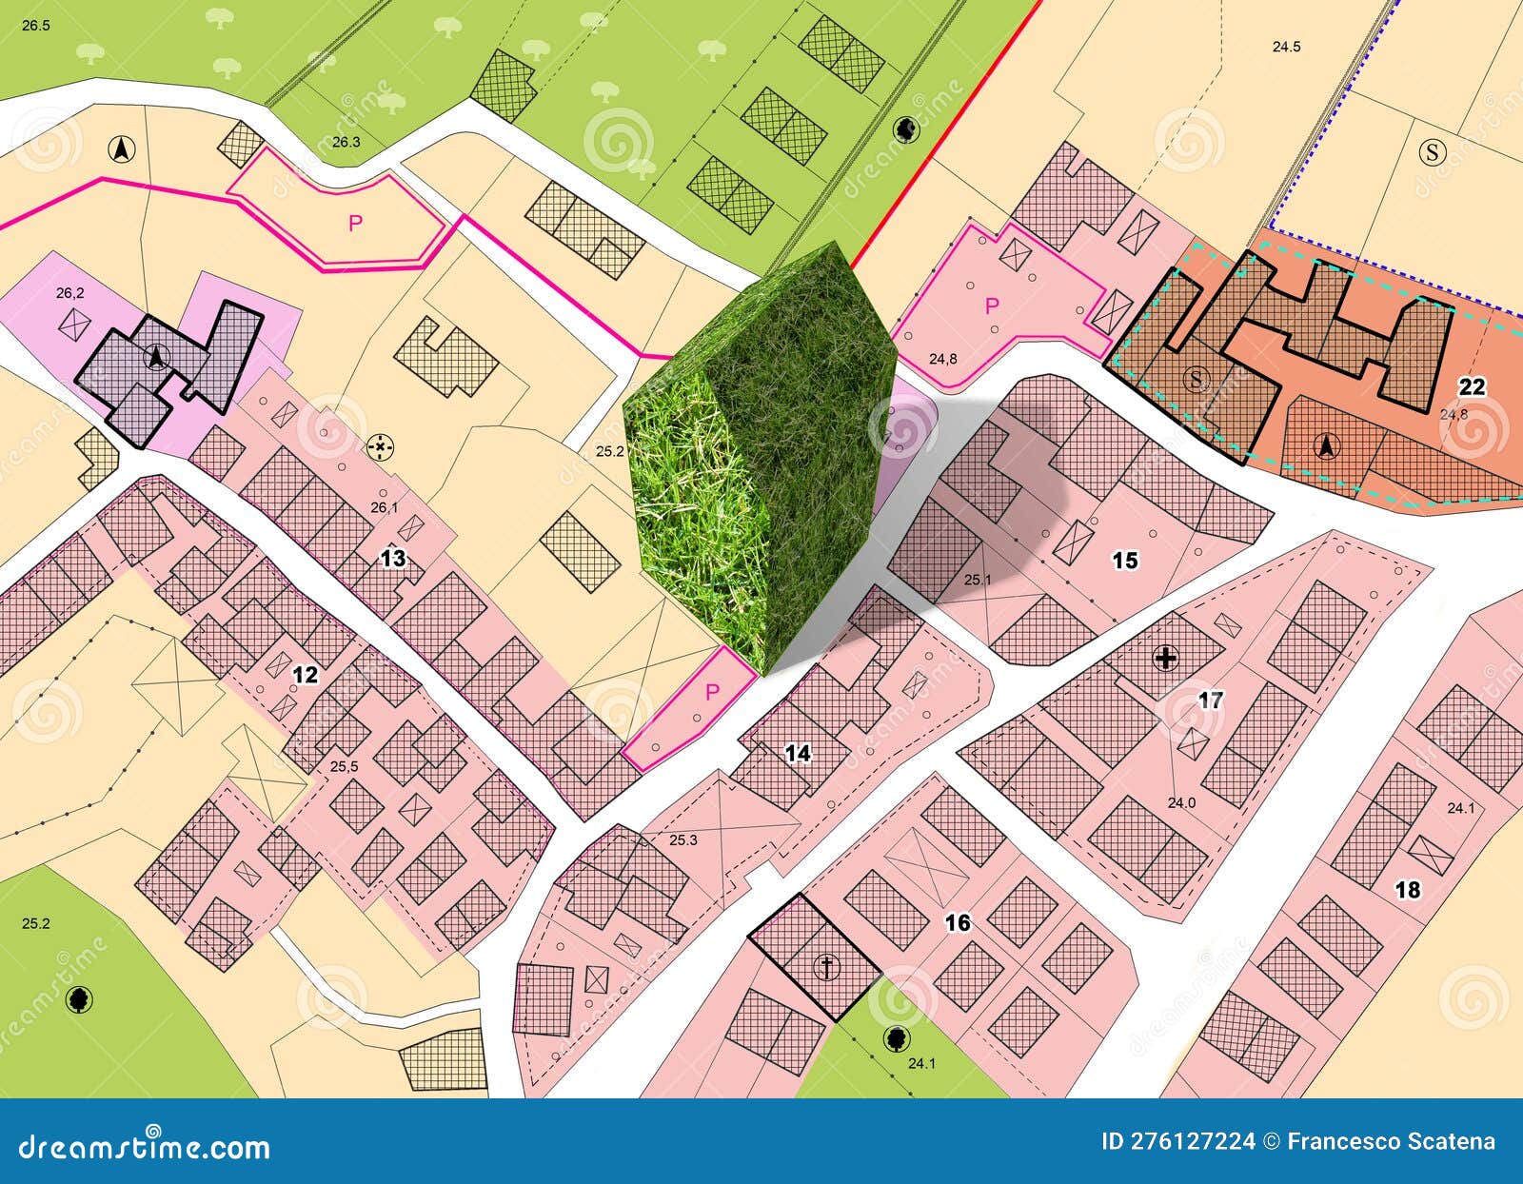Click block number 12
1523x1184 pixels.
(x=305, y=675)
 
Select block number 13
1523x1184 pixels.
(x=393, y=559)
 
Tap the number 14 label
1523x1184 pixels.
(x=798, y=754)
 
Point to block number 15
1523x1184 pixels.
(x=1125, y=561)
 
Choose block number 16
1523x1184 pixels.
(x=958, y=922)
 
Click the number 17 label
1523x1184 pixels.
(x=1210, y=701)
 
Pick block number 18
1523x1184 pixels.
(x=1407, y=890)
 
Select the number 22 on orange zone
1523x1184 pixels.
(x=1472, y=386)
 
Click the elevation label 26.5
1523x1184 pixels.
(x=35, y=26)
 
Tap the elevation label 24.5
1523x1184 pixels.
(x=1286, y=46)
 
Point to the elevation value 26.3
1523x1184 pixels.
(x=346, y=142)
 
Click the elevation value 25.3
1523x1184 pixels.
(x=683, y=839)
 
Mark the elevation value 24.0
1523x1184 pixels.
(x=1181, y=802)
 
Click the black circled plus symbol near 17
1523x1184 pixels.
(x=1165, y=658)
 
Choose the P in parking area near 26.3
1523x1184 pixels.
(x=355, y=224)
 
